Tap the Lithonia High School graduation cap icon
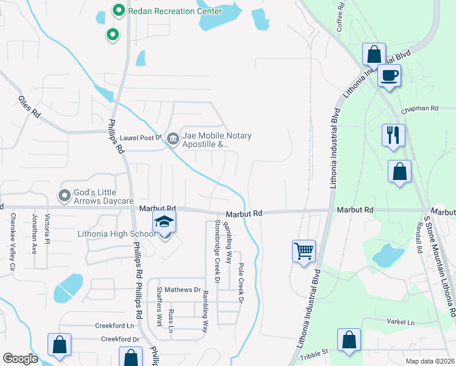point(164,222)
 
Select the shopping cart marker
point(304,250)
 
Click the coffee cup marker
point(389,76)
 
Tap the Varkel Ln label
point(400,321)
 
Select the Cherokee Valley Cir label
point(11,242)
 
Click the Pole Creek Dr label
point(241,276)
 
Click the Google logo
point(20,358)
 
